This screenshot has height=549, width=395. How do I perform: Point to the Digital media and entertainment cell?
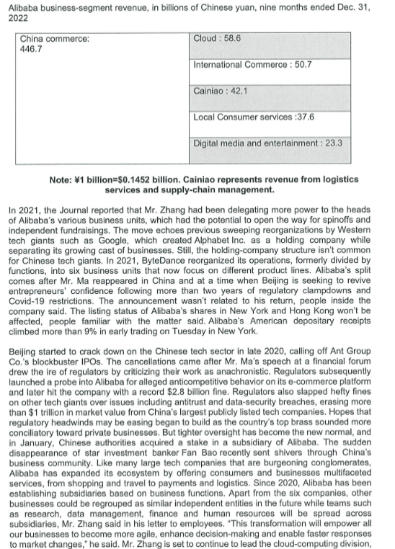click(267, 143)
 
